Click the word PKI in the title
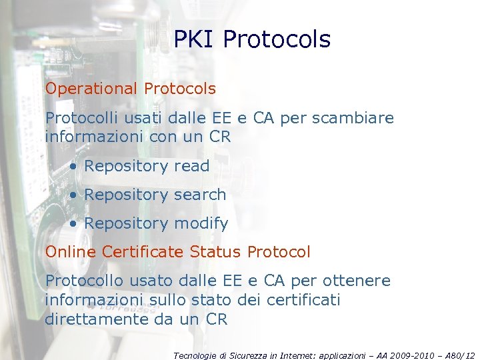pyautogui.click(x=194, y=39)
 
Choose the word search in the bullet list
pyautogui.click(x=199, y=195)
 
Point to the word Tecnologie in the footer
pyautogui.click(x=195, y=356)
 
